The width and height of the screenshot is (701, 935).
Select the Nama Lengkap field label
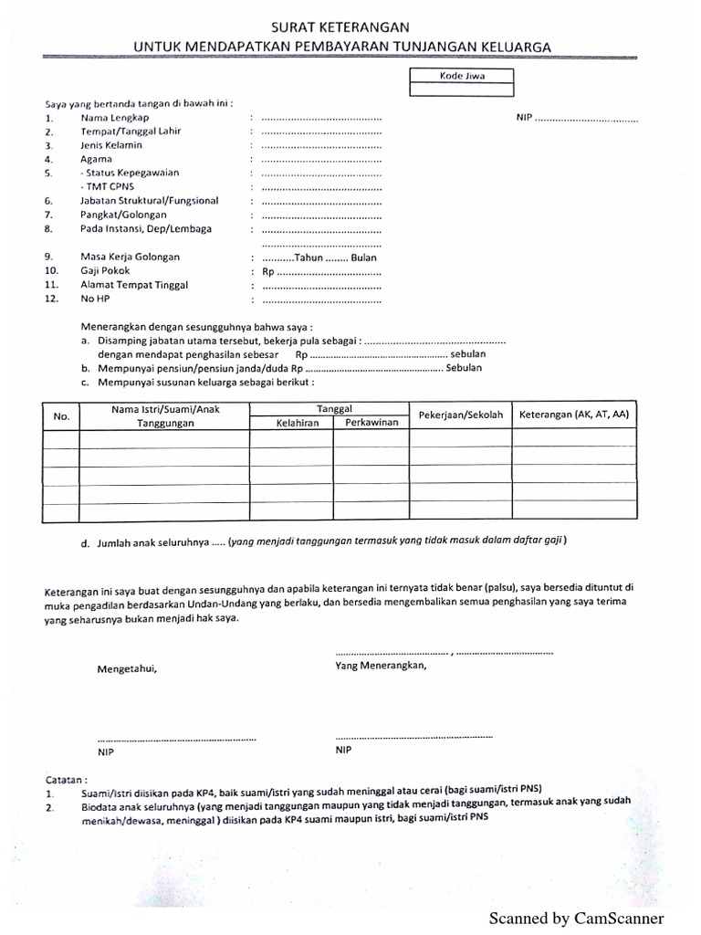(115, 118)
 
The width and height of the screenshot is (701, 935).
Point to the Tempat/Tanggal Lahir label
(131, 131)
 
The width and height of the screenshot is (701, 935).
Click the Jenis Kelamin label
(111, 145)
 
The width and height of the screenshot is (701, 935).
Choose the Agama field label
(97, 159)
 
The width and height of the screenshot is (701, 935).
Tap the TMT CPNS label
(108, 187)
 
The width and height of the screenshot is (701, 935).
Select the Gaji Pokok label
(106, 271)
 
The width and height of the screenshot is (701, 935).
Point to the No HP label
(95, 299)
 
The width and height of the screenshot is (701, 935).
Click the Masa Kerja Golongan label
(131, 257)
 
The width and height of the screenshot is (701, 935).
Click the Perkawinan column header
(371, 423)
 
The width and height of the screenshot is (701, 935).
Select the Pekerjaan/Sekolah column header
(460, 415)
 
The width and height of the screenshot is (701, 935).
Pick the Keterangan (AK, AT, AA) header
(574, 415)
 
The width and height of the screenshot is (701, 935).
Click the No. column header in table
(62, 416)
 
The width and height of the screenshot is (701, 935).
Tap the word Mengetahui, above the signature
(127, 668)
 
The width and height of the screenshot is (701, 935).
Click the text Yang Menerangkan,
(381, 666)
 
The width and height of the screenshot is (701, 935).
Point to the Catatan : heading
(67, 781)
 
